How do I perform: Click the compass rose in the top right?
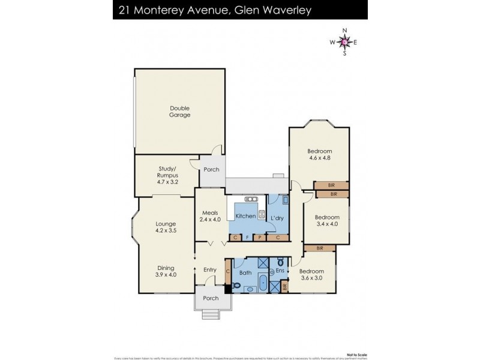coord(344,41)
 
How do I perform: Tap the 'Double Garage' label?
coord(179,112)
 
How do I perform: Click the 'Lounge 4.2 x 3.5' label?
coord(165,227)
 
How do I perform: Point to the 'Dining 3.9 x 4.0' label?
coord(165,271)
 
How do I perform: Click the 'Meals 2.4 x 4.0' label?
coord(211,215)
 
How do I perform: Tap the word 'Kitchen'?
coord(245,216)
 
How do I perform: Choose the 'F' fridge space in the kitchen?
coord(247,238)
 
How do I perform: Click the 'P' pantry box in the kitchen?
coord(260,238)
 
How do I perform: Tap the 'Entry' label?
coord(209,269)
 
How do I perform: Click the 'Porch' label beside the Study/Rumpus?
coord(211,169)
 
